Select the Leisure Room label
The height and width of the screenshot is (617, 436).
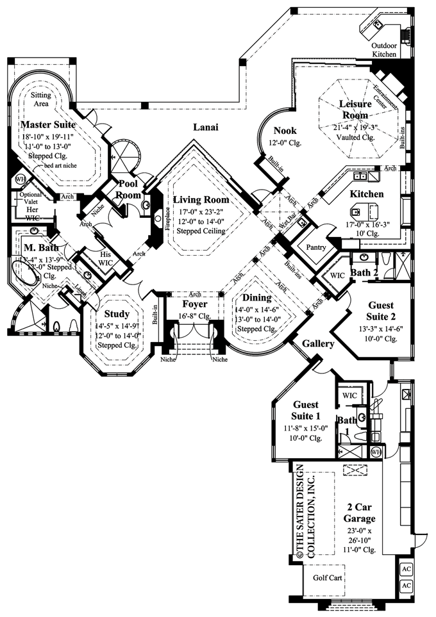[354, 110]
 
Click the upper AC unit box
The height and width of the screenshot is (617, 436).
[405, 568]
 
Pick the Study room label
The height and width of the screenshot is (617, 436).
[116, 314]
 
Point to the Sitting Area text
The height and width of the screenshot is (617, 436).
[41, 99]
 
